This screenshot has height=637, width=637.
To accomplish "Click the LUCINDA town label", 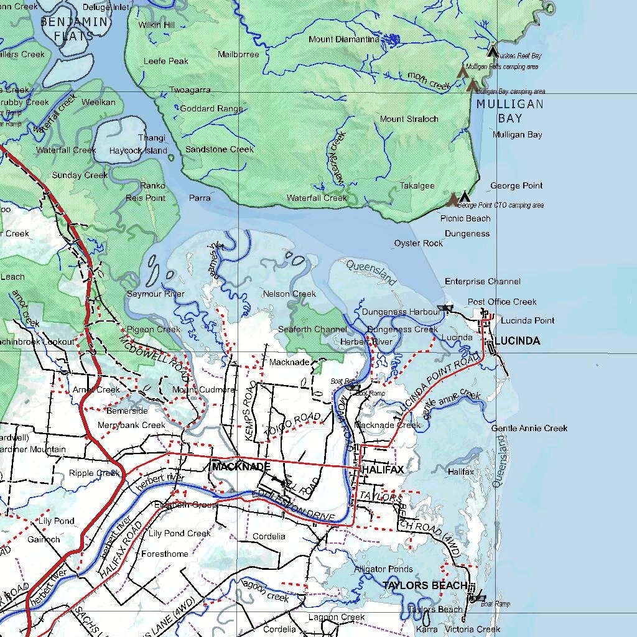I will coord(517,341).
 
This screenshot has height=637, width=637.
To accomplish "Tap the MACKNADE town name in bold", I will coord(241,466).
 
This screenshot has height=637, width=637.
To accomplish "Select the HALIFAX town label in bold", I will coord(383,469).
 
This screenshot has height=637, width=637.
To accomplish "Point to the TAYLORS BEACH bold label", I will coord(425,585).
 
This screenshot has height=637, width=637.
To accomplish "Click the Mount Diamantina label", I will coord(344,39).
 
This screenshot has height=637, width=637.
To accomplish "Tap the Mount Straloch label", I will coord(409,119).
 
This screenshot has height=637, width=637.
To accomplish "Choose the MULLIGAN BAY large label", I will coord(509,111).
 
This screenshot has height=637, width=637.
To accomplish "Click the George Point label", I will coord(516,185).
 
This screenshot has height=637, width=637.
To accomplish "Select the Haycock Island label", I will coord(138,151).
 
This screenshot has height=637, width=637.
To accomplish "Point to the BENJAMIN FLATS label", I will coord(74,29).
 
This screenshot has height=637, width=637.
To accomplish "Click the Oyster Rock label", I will coord(419,243).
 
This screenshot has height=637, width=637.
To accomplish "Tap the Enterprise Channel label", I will coord(482,282).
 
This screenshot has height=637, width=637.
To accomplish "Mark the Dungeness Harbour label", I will coord(402,312).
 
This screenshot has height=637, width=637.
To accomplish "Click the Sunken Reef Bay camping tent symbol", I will coord(492,50).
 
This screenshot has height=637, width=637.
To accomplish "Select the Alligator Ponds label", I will coord(383,569).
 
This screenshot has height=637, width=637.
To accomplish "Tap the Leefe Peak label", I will coord(166,61).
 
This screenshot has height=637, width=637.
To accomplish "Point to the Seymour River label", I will coord(156,294).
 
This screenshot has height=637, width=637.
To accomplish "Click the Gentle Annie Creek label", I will coord(529,428).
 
